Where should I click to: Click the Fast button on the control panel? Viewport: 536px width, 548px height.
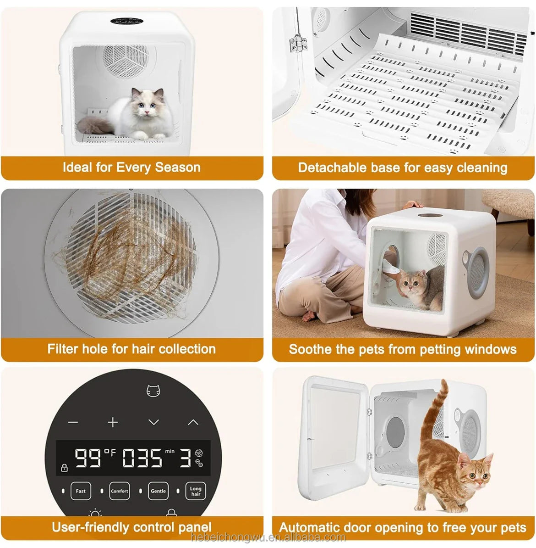pos(81,491)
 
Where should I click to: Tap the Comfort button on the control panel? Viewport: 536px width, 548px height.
pos(119,491)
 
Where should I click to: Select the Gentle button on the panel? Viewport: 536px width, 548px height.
pos(158,491)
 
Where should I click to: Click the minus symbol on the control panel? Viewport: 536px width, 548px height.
pos(73,422)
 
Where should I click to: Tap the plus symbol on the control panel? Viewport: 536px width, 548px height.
pos(113,422)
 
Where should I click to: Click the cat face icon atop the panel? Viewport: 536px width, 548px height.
pos(153,391)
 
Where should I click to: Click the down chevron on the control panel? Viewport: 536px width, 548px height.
pos(153,422)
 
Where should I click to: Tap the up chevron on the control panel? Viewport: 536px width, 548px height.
pos(193,422)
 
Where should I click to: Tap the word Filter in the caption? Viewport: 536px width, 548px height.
pos(62,349)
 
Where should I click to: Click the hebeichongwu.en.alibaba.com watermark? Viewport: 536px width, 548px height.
pos(268,537)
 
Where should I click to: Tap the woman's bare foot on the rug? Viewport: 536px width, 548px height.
pos(312,315)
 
